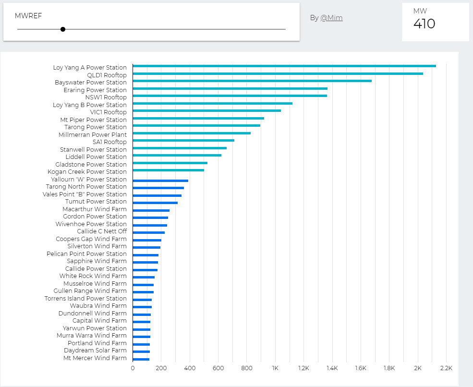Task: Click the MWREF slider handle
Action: [x=63, y=29]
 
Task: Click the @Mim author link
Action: [x=331, y=18]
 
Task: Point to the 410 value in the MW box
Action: [x=424, y=24]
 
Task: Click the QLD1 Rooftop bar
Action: [x=278, y=73]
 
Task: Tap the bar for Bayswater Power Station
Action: [x=252, y=81]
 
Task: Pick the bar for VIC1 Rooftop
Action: [x=206, y=111]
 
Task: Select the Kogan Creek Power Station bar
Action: [x=168, y=170]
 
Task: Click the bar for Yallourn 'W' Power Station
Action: [x=160, y=181]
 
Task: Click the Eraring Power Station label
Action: [x=95, y=90]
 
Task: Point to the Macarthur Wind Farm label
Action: [x=95, y=209]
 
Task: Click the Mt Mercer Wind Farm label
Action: [x=95, y=358]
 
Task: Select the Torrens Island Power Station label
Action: [x=85, y=299]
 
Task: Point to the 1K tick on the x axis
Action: [x=275, y=368]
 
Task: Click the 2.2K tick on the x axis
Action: [x=446, y=368]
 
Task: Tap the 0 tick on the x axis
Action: [x=133, y=368]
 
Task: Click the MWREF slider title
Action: [x=28, y=16]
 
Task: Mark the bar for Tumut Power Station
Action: [x=155, y=203]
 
